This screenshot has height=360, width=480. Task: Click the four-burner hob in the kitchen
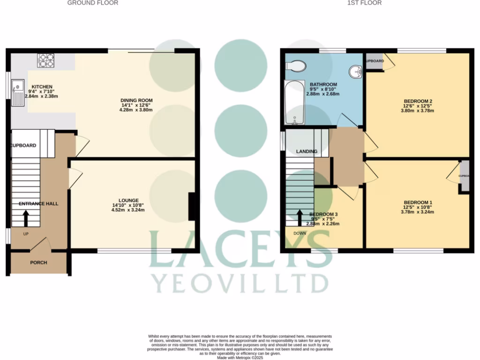tap(45, 60)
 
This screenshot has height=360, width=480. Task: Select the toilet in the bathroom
tap(296, 66)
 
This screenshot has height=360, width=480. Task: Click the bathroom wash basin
tap(356, 72)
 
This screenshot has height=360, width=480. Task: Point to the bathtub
tap(294, 103)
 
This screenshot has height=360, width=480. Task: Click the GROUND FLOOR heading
tap(93, 3)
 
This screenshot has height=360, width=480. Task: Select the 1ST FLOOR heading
tap(364, 3)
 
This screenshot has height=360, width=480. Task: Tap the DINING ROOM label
tap(136, 100)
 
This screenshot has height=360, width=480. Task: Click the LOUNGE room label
tap(128, 201)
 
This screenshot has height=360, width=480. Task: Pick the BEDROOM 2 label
tap(417, 101)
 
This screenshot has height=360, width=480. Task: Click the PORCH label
tap(38, 262)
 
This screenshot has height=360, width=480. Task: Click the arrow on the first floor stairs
tap(300, 217)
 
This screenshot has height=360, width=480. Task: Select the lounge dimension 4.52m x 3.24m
tap(128, 210)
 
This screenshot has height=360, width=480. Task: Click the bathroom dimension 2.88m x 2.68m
tap(323, 94)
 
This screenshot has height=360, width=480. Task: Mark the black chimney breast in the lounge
tap(192, 207)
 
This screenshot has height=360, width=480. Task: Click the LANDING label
tap(307, 151)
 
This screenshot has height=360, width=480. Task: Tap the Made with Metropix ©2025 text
tap(240, 358)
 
